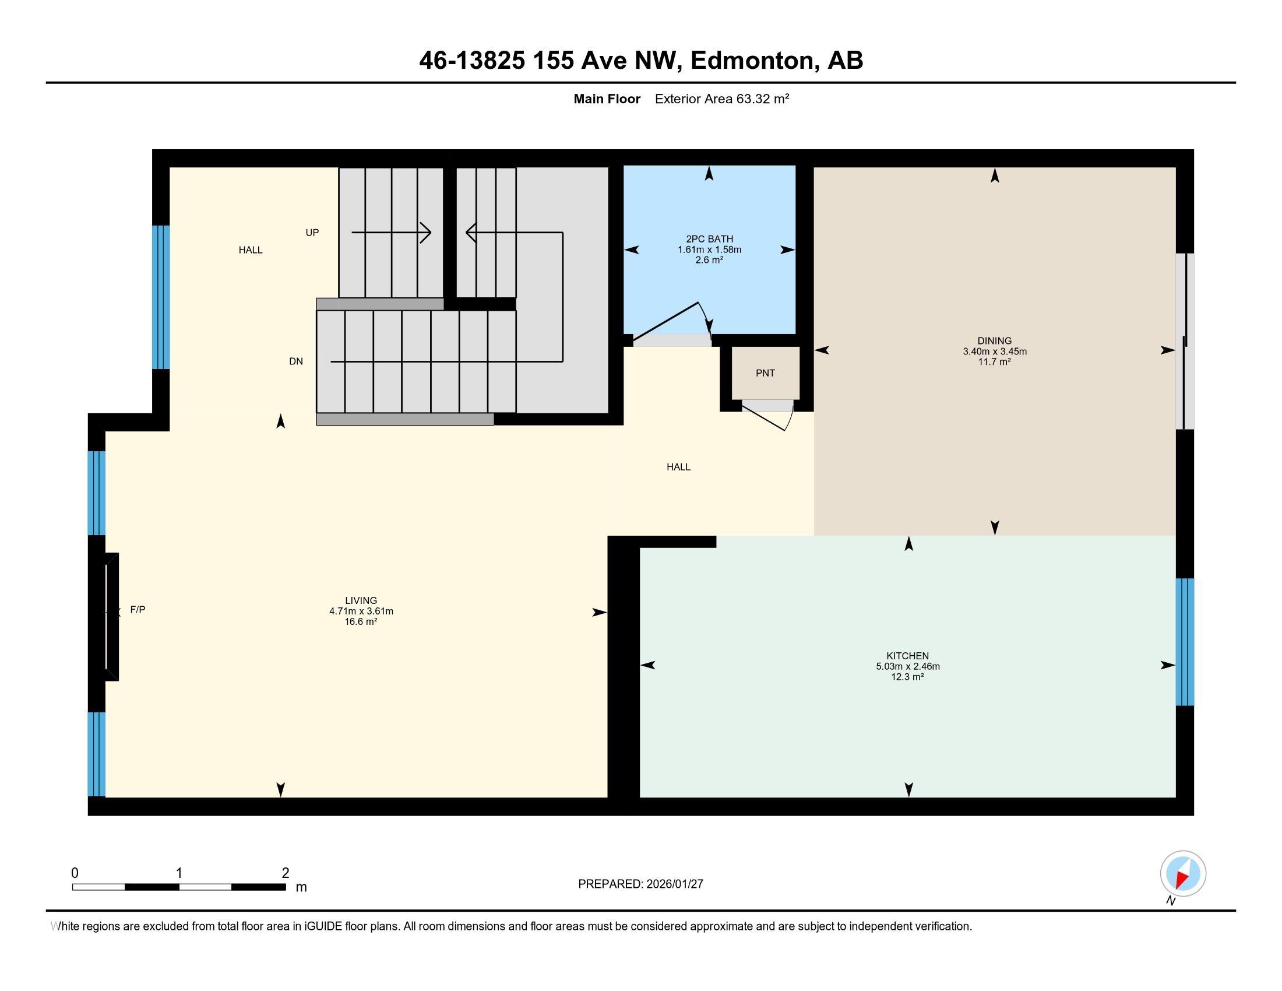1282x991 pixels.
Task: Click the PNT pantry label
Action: [765, 373]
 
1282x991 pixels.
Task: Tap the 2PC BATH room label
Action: [709, 239]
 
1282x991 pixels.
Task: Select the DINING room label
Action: [994, 340]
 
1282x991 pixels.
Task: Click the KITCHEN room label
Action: [907, 656]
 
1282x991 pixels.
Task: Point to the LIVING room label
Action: [361, 600]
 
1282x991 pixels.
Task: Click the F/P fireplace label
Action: [138, 609]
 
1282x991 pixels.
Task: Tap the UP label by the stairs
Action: [312, 233]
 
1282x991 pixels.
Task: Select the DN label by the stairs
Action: [296, 361]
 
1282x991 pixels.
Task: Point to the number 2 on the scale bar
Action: [286, 873]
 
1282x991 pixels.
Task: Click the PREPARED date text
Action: [640, 884]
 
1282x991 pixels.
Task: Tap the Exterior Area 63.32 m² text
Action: [721, 99]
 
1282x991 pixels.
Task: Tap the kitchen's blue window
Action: [1185, 642]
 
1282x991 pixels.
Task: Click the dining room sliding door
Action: [1185, 341]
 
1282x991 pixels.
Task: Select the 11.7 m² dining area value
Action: [994, 362]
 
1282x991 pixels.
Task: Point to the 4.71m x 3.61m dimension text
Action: [361, 611]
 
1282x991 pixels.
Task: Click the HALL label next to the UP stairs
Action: [251, 250]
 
